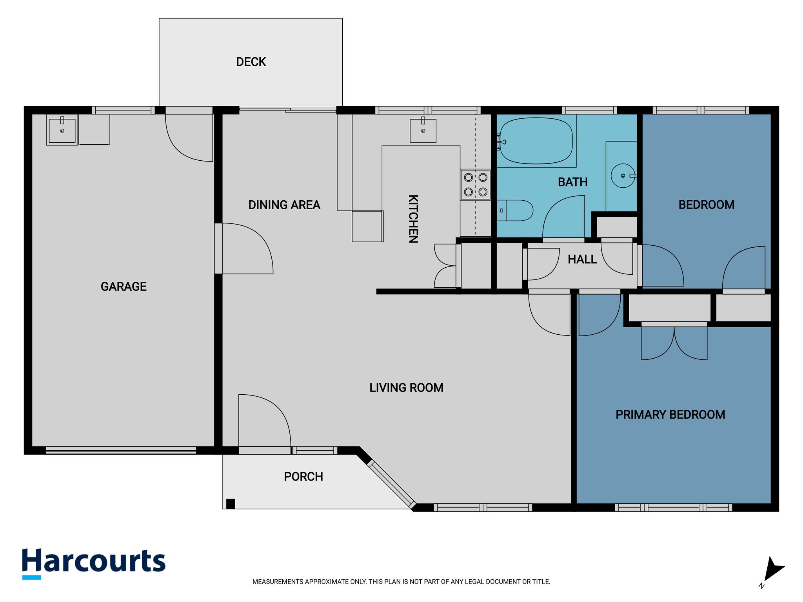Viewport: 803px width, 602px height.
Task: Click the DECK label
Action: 251,62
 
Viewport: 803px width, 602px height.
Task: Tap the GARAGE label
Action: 124,286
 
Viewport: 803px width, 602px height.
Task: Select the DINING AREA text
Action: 284,205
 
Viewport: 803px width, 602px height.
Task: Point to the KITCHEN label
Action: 413,219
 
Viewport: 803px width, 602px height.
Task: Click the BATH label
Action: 572,182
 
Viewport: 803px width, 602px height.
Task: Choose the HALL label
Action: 582,259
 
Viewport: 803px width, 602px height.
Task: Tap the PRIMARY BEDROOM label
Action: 670,415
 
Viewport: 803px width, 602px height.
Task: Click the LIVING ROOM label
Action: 406,388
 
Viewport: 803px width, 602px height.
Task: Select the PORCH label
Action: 303,477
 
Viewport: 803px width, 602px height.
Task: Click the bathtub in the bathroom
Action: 536,141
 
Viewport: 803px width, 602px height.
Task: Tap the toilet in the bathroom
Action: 515,210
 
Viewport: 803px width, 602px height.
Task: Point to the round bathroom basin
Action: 623,176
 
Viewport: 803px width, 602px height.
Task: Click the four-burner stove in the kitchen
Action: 476,185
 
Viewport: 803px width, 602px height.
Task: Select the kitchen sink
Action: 423,131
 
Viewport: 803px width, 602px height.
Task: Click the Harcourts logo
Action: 94,563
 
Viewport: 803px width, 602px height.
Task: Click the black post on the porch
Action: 231,504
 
